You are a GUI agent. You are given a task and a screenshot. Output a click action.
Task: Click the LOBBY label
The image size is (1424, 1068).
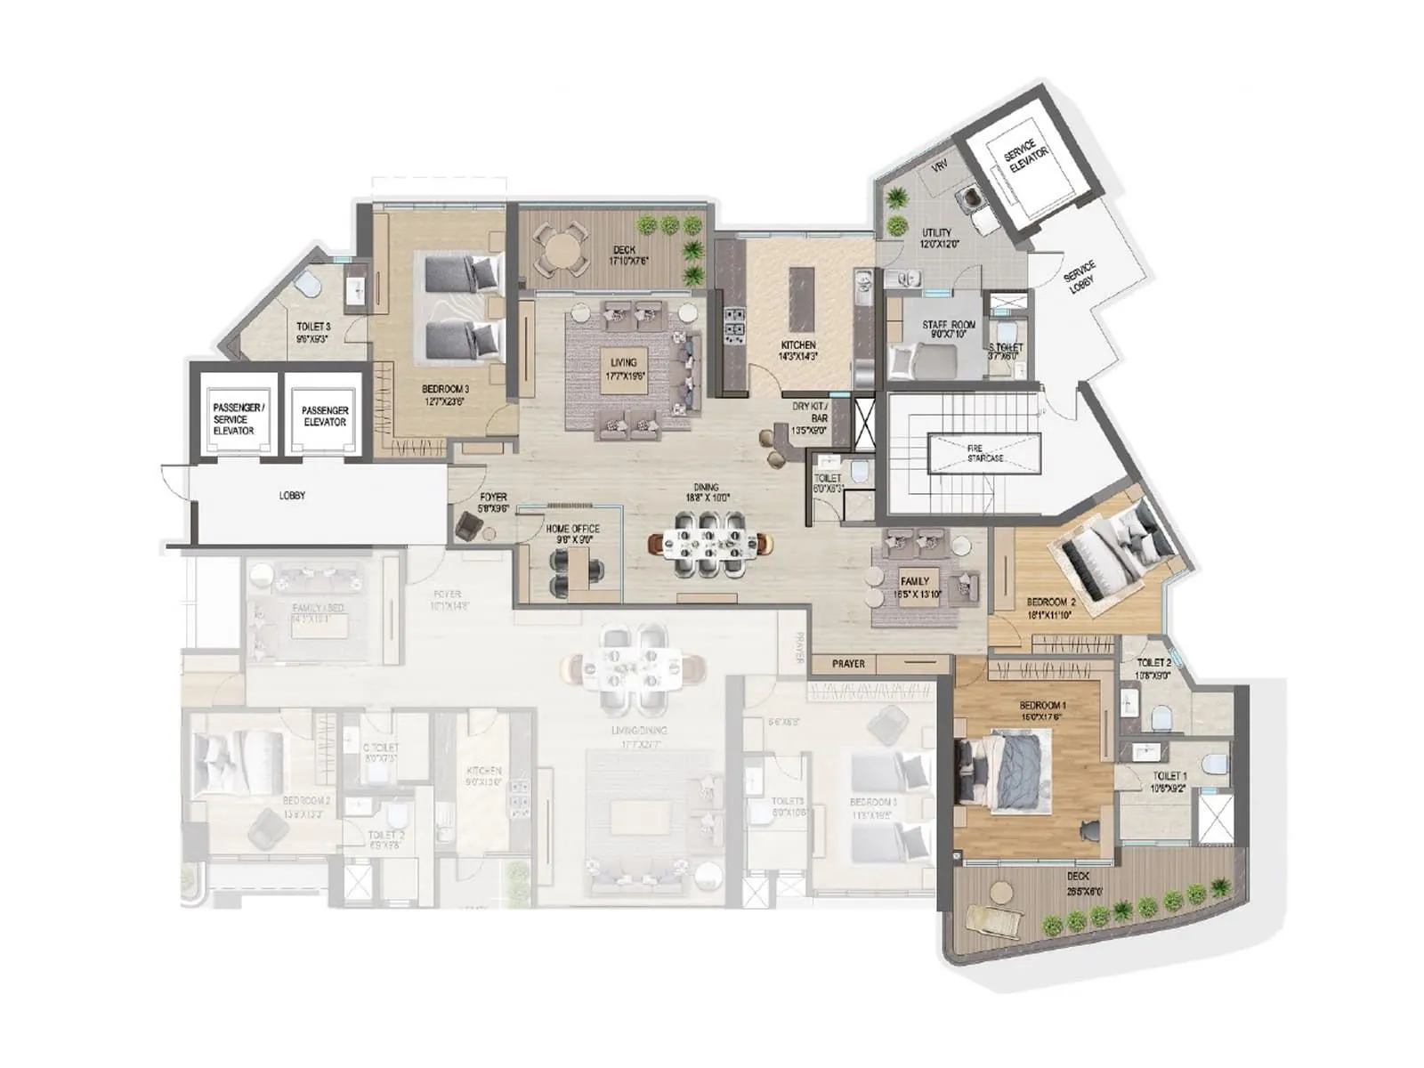pos(292,496)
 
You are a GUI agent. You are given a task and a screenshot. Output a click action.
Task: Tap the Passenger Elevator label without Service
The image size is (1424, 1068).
pos(324,417)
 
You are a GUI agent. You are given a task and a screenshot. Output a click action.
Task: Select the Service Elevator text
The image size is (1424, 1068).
pos(1026,161)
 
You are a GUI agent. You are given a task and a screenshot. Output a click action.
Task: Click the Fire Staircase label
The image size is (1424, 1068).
pos(985,453)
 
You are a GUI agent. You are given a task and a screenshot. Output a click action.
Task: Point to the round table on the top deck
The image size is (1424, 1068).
pos(559,248)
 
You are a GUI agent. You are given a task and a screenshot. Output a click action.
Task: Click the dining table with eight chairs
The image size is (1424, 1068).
pos(711,542)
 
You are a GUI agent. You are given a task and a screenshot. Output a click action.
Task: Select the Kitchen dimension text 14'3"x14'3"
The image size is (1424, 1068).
pos(798,356)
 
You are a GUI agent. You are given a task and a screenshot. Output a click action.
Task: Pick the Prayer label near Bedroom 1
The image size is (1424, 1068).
pos(848,664)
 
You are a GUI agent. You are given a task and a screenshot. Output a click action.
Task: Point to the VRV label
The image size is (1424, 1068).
pos(938,167)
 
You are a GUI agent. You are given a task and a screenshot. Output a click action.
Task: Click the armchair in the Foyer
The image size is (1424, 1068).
pos(467,528)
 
